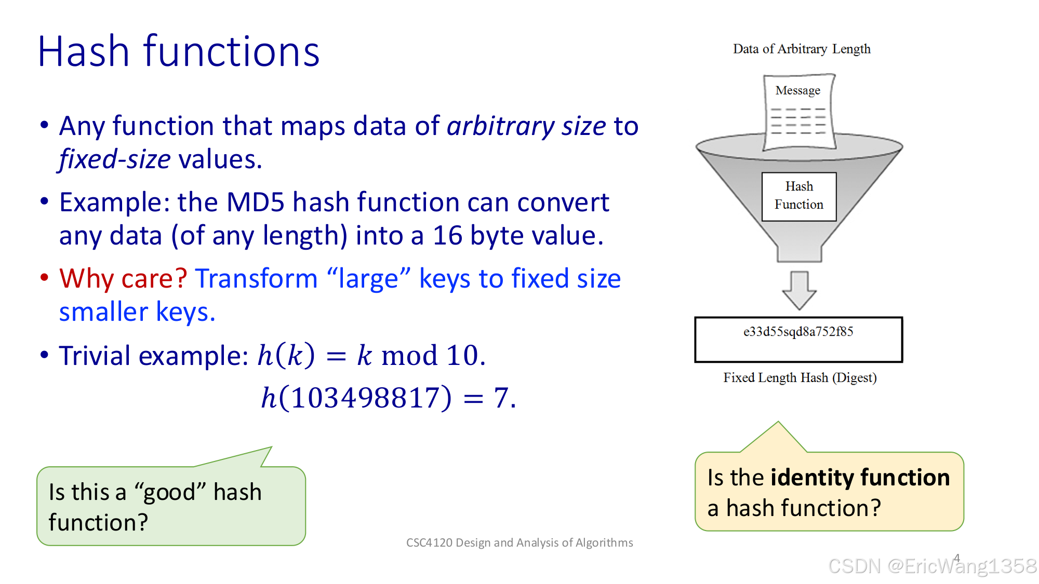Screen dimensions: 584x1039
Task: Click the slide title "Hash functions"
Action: [x=178, y=52]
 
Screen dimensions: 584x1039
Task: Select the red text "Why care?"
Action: [x=123, y=279]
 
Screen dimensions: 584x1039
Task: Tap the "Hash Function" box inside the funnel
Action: [x=799, y=196]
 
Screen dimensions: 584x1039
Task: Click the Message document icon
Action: [x=798, y=112]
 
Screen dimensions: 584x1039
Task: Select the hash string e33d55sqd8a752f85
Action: [x=798, y=332]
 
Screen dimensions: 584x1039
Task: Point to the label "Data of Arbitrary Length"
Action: [x=802, y=49]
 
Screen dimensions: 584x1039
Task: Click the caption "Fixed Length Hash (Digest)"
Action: [x=800, y=377]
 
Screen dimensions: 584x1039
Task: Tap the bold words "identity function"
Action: [x=860, y=478]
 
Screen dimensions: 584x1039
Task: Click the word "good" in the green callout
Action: [x=169, y=493]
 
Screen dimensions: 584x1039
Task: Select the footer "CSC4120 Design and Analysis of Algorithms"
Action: [x=519, y=542]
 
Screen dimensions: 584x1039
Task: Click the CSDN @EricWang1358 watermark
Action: [x=932, y=566]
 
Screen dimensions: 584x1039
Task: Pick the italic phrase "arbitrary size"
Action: [x=526, y=126]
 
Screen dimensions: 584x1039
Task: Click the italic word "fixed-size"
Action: [x=115, y=159]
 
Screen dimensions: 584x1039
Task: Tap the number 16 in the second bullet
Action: [x=447, y=236]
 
